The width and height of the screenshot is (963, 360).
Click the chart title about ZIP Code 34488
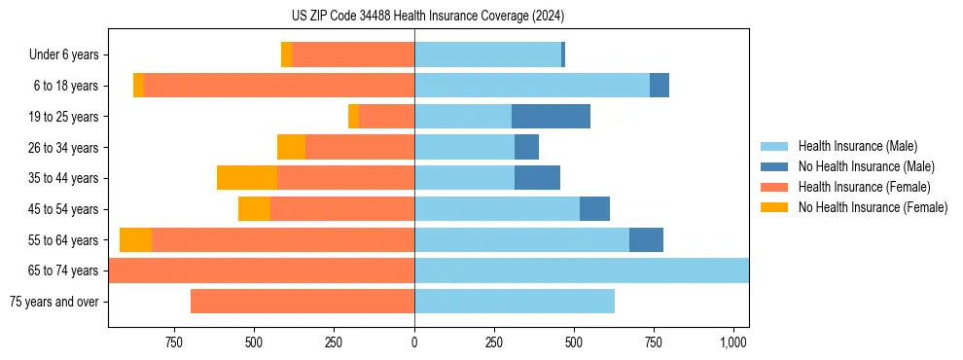click(x=427, y=16)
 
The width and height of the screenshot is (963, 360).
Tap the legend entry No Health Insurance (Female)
click(x=873, y=207)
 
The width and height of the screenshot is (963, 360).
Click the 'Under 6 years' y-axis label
click(x=64, y=55)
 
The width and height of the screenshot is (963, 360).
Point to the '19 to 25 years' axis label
click(x=63, y=117)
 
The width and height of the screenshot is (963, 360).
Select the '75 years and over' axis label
click(x=54, y=302)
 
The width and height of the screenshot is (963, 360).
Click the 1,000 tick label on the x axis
click(x=733, y=342)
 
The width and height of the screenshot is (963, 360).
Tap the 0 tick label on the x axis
click(x=414, y=342)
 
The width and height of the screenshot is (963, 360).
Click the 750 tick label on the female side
click(x=174, y=342)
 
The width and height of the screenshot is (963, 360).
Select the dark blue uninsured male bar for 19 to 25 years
click(x=551, y=117)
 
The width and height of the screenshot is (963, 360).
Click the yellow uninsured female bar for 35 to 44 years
click(x=247, y=178)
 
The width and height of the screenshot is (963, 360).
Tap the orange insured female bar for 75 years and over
click(x=303, y=302)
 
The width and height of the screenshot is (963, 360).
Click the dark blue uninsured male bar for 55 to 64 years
click(x=646, y=239)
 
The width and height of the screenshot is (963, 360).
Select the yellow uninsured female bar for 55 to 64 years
click(x=135, y=239)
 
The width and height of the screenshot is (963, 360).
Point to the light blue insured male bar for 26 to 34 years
click(x=464, y=147)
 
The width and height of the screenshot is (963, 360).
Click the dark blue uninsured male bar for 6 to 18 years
click(x=660, y=86)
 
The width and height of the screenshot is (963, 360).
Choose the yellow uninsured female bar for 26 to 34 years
click(x=291, y=147)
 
